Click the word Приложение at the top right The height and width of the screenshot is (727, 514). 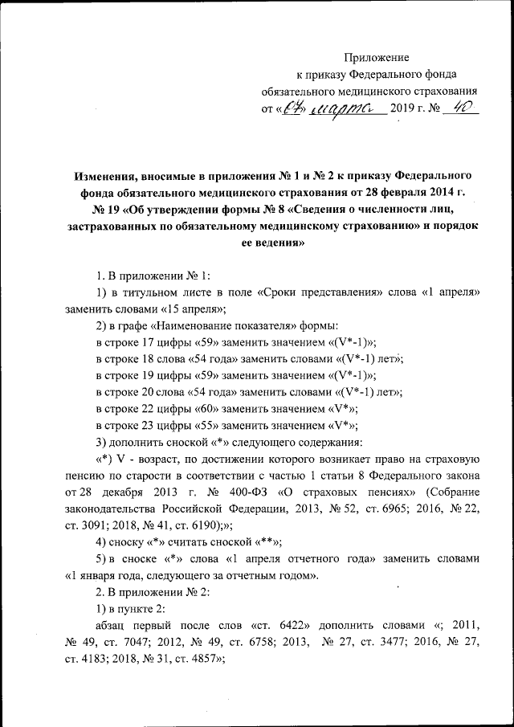(x=377, y=57)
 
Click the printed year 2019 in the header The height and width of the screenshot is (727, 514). (x=402, y=109)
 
